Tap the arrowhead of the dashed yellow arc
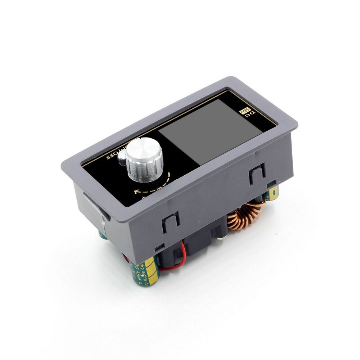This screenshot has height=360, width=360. click(x=136, y=192)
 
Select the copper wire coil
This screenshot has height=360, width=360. click(x=245, y=216)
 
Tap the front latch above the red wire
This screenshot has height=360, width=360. click(x=171, y=223)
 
